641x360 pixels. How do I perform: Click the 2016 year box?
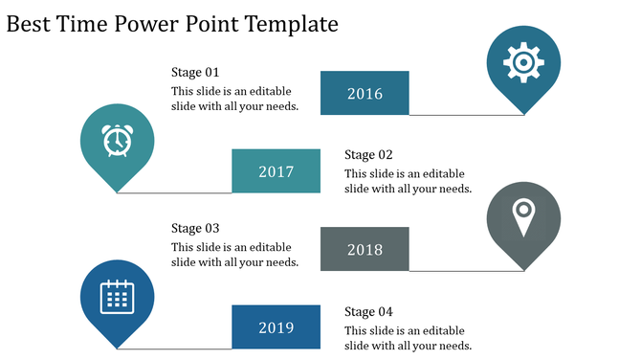pos(365,93)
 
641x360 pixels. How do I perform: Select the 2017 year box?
pos(276,171)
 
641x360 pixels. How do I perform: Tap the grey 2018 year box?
pos(365,249)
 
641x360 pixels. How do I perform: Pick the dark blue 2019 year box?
pos(276,327)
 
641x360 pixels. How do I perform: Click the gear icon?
pos(522,62)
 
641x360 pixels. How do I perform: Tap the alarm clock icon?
pos(117,141)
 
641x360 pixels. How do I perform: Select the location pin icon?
pos(522,216)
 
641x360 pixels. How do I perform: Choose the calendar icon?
pos(117,296)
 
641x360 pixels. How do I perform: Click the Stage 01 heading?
pos(195,72)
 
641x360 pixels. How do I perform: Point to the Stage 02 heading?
pos(368,154)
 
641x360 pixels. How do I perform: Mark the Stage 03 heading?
pos(195,228)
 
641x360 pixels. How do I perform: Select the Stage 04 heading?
pos(368,311)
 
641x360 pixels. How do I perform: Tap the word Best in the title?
pos(29,24)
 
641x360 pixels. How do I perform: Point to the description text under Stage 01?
pos(234,99)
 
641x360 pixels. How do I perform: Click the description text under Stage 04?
pos(408,337)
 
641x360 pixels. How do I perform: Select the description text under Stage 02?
pos(408,181)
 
